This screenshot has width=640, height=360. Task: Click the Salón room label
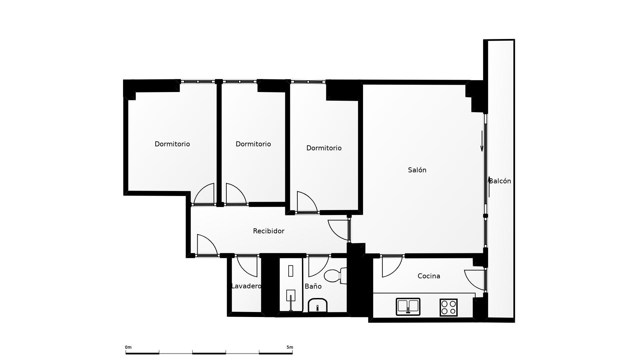(417, 170)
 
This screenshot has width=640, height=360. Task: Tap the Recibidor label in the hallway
(269, 231)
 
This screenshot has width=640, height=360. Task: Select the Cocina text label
(429, 276)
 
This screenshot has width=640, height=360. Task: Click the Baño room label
(313, 286)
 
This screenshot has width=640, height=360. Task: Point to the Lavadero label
(246, 286)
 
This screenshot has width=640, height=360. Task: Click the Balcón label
(500, 181)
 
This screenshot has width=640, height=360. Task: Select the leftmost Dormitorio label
(172, 144)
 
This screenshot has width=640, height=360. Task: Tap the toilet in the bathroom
(335, 276)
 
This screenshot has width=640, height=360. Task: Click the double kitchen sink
(408, 307)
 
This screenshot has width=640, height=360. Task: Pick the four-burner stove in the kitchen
(448, 307)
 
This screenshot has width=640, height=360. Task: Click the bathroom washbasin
(318, 305)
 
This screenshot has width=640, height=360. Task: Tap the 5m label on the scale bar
(290, 347)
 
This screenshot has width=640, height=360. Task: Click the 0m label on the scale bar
(128, 347)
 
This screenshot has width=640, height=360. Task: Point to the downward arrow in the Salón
(482, 141)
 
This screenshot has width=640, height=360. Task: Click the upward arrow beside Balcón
(489, 187)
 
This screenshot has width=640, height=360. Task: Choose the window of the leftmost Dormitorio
(198, 81)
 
